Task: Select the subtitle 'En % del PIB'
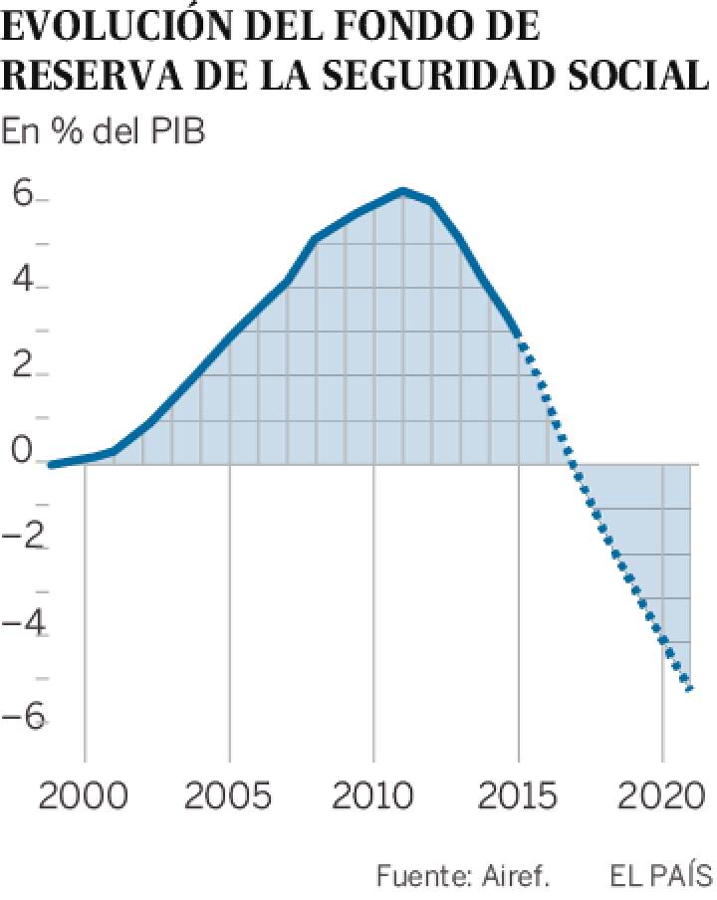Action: (x=104, y=131)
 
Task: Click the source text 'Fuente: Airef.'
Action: (x=463, y=876)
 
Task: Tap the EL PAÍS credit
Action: (x=661, y=876)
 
